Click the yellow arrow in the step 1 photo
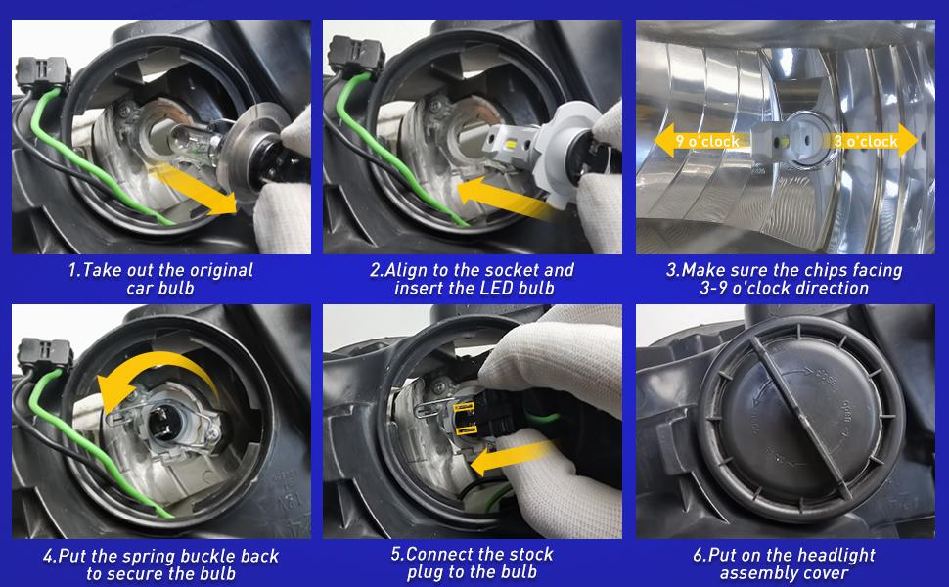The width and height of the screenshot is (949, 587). (194, 189)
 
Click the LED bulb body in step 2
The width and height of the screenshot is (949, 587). (514, 145)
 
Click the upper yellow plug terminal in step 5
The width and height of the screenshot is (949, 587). (464, 409)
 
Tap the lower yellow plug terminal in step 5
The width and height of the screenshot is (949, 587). (466, 430)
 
